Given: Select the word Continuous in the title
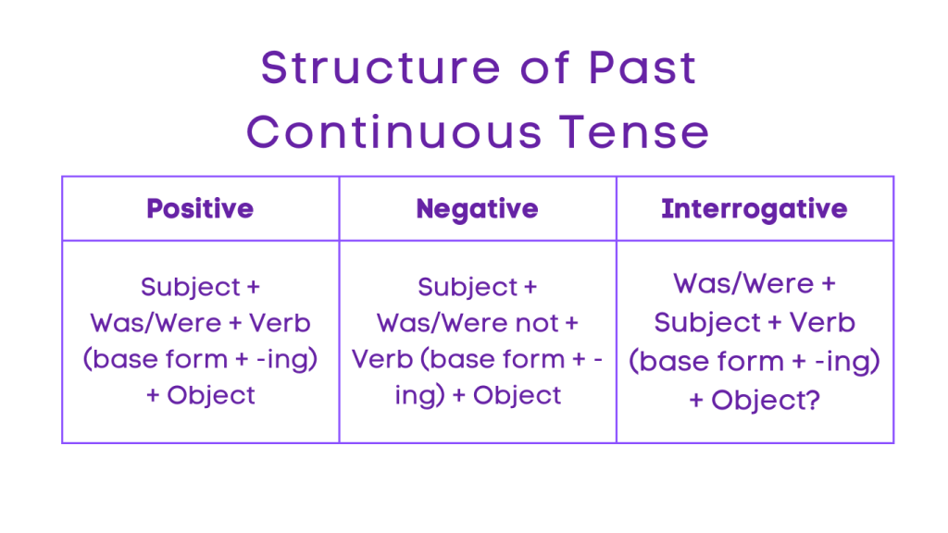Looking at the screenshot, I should pyautogui.click(x=393, y=132).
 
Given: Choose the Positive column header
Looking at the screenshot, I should pyautogui.click(x=200, y=208).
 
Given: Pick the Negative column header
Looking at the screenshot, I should pyautogui.click(x=477, y=208).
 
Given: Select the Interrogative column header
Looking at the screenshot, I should pyautogui.click(x=754, y=208).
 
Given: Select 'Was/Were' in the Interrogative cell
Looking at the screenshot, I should pyautogui.click(x=731, y=283).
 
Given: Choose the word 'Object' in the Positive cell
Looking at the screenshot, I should pyautogui.click(x=211, y=395).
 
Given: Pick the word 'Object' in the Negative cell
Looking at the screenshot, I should pyautogui.click(x=518, y=395).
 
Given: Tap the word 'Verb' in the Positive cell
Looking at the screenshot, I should pyautogui.click(x=280, y=323).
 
